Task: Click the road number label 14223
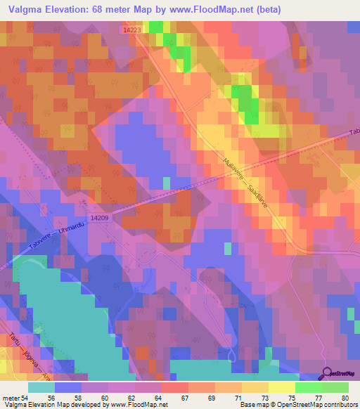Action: click(130, 30)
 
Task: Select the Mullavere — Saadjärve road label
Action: click(247, 167)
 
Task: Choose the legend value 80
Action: click(344, 398)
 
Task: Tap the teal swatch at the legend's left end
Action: click(41, 388)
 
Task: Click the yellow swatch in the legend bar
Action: click(281, 388)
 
